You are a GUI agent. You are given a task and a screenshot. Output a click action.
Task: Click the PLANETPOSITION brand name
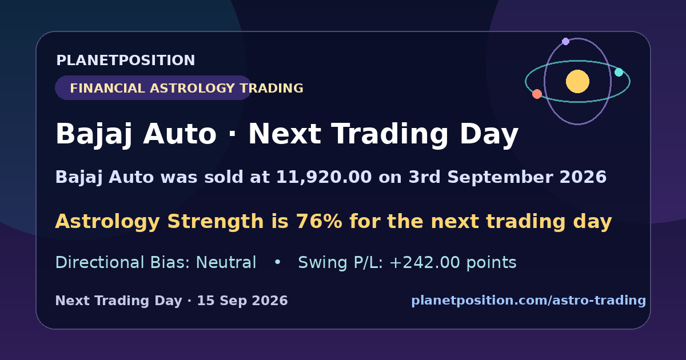[126, 60]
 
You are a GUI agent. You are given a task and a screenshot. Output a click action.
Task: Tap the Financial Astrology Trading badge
[153, 88]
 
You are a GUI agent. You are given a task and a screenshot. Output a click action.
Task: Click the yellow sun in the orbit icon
[577, 81]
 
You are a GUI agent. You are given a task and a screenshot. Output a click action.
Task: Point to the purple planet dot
[565, 41]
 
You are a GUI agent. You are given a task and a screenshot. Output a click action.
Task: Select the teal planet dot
[619, 72]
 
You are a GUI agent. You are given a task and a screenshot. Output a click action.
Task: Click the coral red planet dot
[537, 94]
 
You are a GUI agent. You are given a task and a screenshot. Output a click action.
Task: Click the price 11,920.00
[324, 177]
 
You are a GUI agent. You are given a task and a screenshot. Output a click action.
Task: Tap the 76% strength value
[319, 221]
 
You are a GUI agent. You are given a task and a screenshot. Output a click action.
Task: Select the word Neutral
[226, 262]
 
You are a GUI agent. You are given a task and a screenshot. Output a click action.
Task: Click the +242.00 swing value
[425, 262]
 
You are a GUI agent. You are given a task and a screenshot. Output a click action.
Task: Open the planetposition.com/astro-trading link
[529, 301]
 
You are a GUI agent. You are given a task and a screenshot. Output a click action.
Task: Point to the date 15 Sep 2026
[242, 301]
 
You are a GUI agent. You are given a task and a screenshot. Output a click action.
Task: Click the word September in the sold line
[500, 177]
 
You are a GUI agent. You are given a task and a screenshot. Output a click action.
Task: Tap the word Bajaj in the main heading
[94, 134]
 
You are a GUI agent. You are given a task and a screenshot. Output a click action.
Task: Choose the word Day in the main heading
[489, 134]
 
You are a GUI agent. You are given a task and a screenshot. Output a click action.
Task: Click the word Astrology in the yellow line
[107, 222]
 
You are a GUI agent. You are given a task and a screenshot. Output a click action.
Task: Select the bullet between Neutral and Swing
[277, 262]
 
